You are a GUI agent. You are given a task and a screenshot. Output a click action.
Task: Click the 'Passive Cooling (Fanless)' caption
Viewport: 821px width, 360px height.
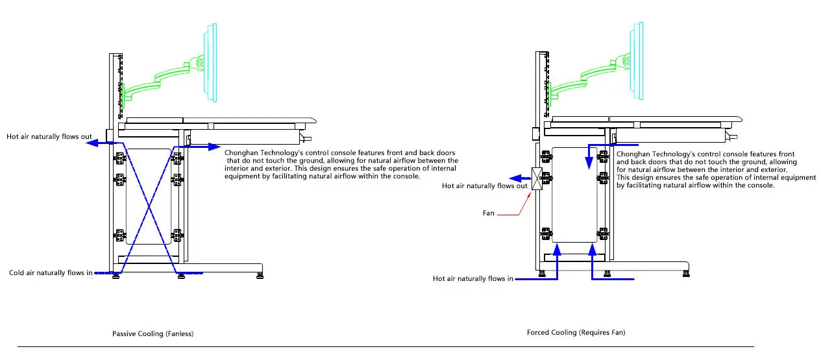point(153,334)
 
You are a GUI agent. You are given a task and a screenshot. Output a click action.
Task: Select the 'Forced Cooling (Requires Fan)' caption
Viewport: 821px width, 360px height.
point(576,333)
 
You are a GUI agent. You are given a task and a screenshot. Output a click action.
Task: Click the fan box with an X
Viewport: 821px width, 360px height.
point(537,179)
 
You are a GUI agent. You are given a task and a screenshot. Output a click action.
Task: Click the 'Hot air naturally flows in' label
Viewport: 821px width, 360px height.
point(473,279)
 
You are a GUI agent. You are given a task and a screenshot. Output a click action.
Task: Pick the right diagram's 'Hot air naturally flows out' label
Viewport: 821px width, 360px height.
point(484,186)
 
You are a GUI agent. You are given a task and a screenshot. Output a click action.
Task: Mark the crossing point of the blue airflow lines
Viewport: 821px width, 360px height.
point(149,207)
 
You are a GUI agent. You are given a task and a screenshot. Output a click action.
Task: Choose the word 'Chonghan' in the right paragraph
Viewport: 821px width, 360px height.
point(633,154)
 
